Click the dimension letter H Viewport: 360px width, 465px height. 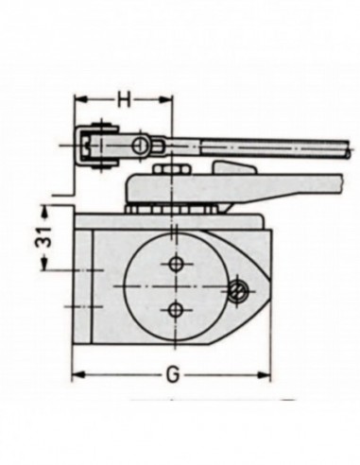[124, 98]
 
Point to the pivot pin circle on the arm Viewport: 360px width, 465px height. [140, 145]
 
